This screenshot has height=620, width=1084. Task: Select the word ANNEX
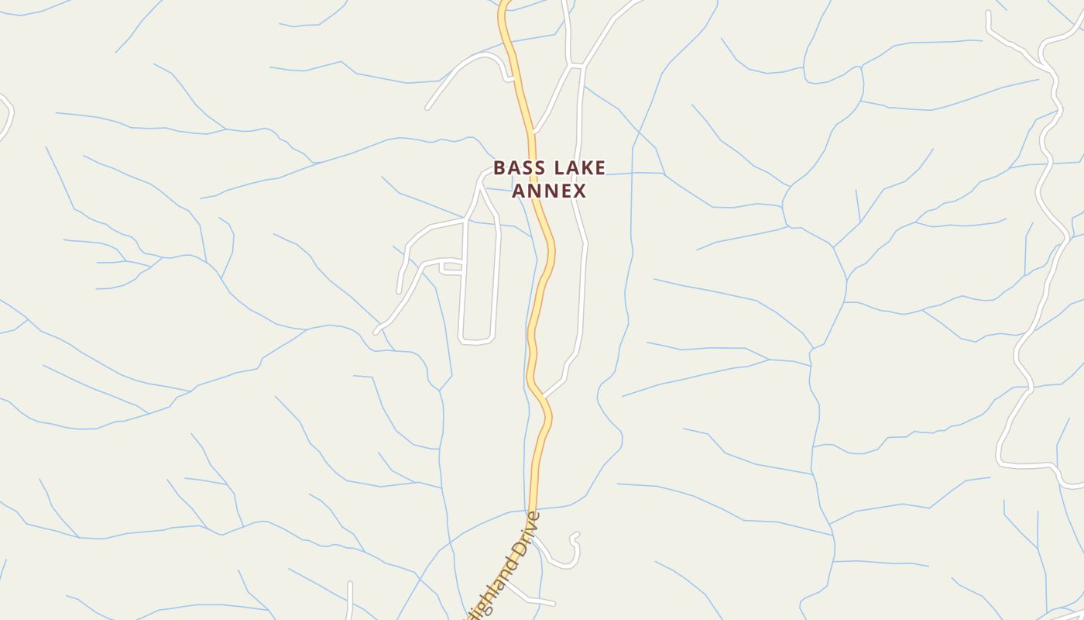[x=549, y=191]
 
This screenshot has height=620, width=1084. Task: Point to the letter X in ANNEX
[x=579, y=191]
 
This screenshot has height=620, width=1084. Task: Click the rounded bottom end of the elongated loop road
[x=476, y=341]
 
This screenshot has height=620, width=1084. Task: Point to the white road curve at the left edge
[x=8, y=116]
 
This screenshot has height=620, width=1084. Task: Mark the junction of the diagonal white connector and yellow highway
[x=544, y=396]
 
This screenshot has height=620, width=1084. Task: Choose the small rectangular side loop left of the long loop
[x=451, y=268]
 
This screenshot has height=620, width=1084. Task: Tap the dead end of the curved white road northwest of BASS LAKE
[x=427, y=108]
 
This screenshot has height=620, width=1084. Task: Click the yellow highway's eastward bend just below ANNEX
[x=552, y=248]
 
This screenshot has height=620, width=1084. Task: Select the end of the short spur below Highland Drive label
[x=553, y=603]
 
